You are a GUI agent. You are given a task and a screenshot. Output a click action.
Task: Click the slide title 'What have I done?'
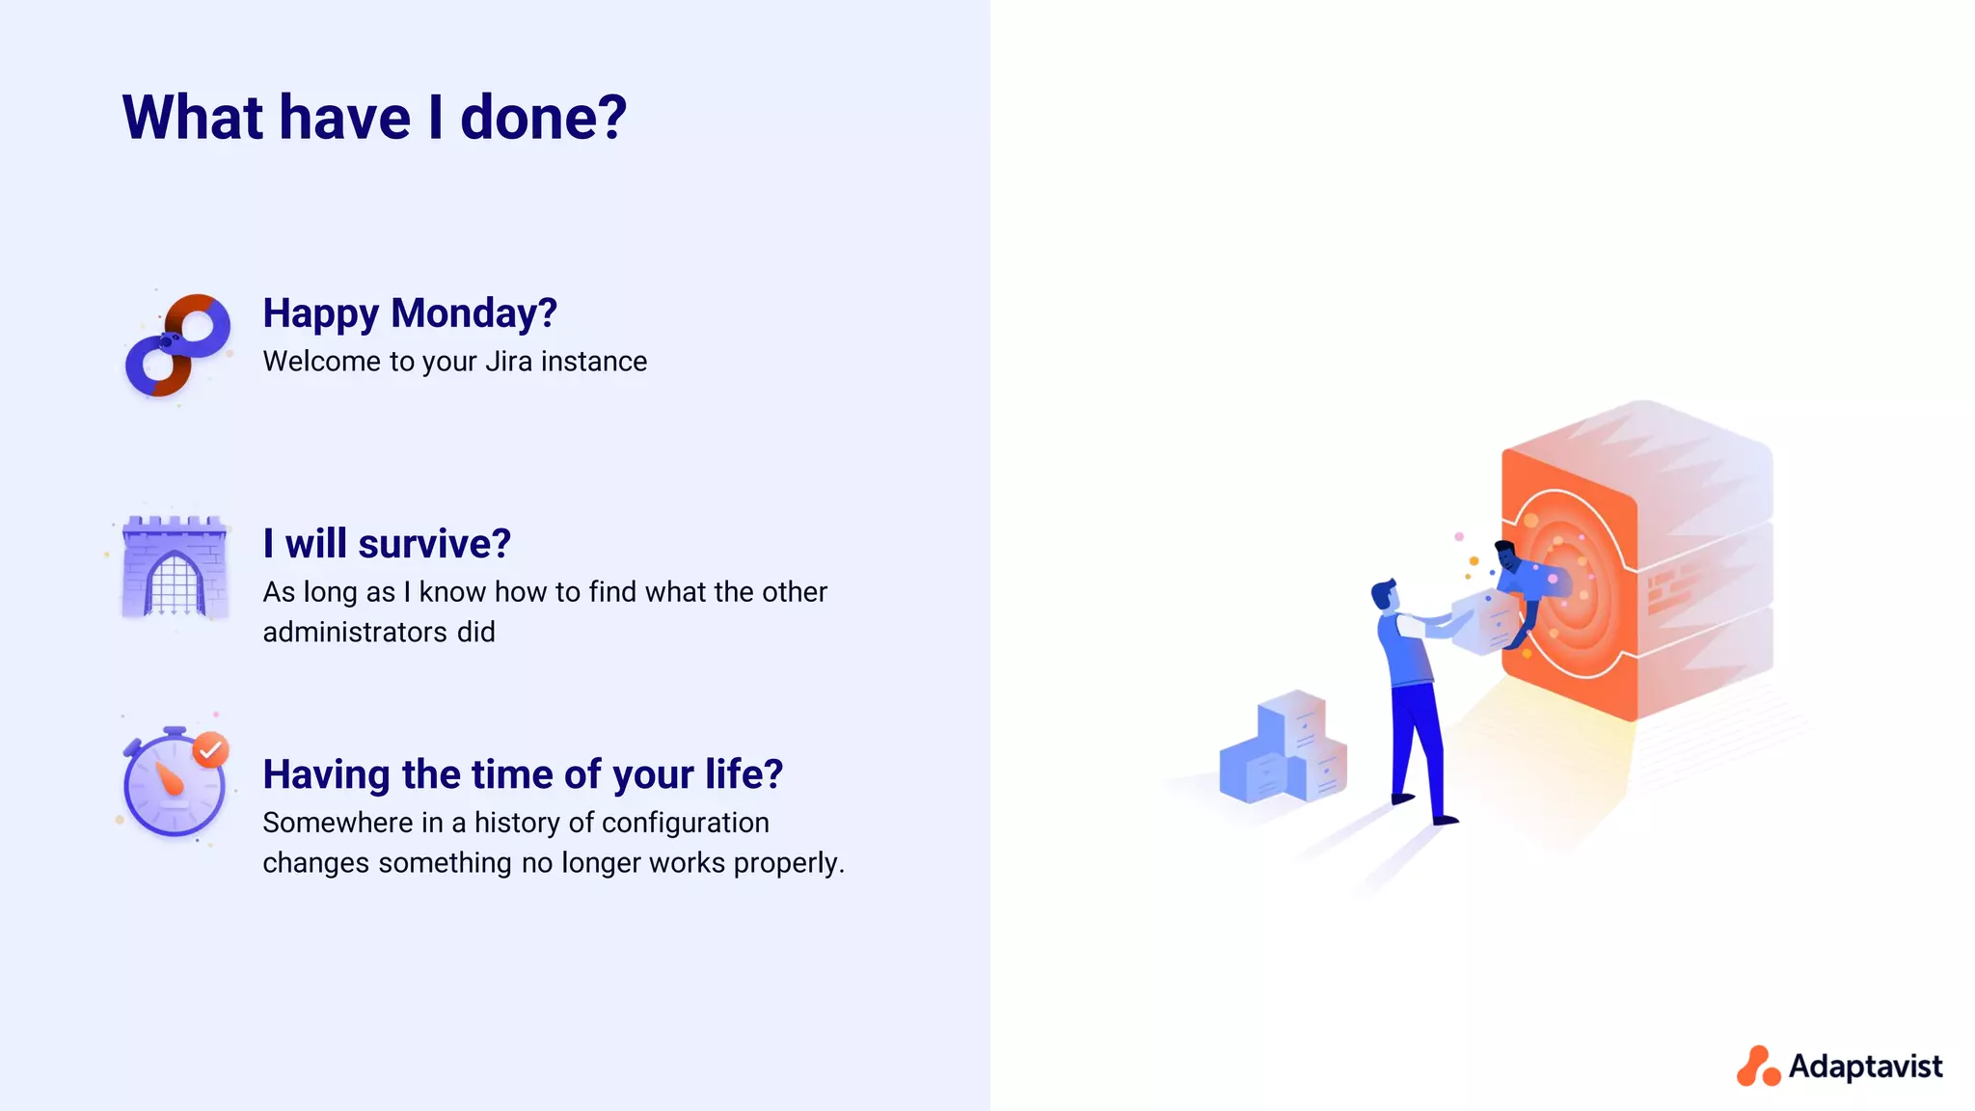click(x=374, y=118)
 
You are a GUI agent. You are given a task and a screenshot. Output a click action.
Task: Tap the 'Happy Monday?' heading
click(x=410, y=313)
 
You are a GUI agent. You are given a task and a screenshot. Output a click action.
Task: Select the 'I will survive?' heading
click(x=387, y=544)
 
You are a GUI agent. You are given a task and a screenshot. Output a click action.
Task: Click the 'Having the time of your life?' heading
click(x=523, y=774)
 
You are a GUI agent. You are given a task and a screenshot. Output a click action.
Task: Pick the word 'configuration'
click(x=685, y=823)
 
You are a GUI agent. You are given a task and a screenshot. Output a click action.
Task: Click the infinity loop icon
click(x=178, y=345)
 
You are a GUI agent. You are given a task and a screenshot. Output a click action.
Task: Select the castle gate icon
click(x=175, y=567)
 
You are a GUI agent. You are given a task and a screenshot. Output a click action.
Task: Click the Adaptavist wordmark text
click(x=1865, y=1067)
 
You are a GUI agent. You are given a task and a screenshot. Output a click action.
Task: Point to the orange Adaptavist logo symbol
click(x=1758, y=1067)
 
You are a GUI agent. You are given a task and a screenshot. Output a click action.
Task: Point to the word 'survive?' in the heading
click(x=434, y=544)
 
